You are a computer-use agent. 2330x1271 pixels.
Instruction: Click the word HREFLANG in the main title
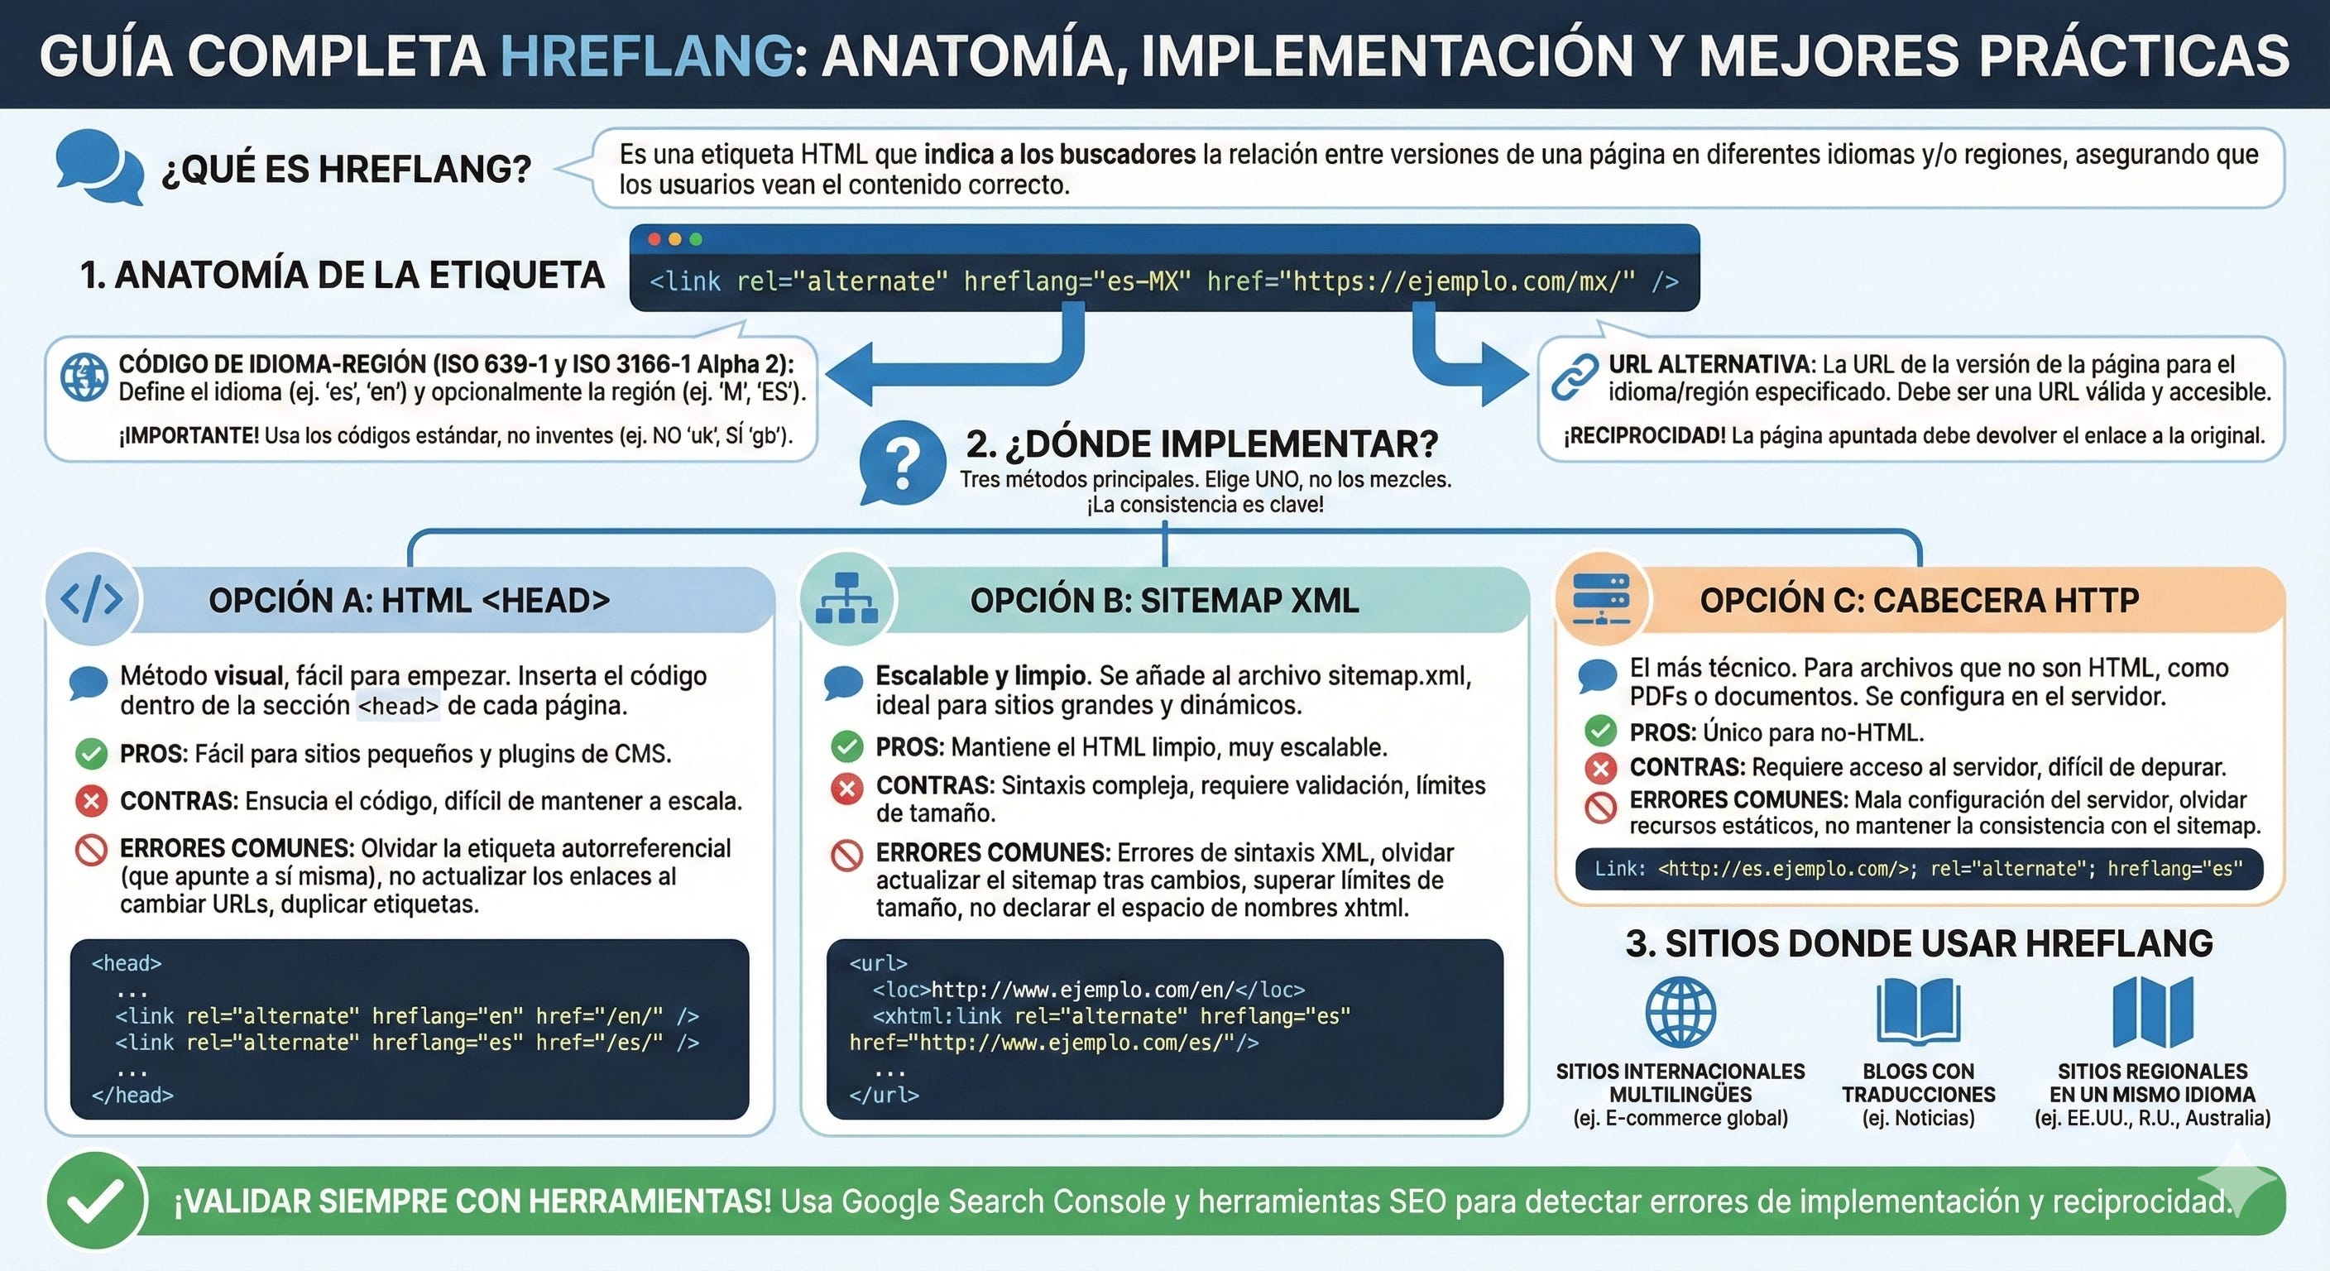click(x=646, y=56)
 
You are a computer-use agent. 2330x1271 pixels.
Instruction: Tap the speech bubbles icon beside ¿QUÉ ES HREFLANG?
click(x=98, y=166)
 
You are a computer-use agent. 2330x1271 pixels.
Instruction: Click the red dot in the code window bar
click(x=654, y=240)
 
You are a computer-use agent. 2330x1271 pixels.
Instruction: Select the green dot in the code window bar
click(x=696, y=240)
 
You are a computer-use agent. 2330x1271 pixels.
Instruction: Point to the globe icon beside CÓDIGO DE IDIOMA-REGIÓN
click(x=84, y=377)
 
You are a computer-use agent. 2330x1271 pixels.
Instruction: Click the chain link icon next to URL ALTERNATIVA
click(x=1575, y=377)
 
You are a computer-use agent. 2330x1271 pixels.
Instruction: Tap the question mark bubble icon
click(x=901, y=463)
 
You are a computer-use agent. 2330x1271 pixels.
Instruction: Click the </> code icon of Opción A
click(x=91, y=599)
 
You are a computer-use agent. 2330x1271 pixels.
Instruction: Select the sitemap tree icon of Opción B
click(x=846, y=599)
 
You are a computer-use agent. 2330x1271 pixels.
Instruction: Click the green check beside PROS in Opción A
click(x=91, y=754)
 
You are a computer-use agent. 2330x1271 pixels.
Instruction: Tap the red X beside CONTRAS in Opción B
click(x=846, y=788)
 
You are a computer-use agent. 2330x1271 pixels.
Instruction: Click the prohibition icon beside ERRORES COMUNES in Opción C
click(x=1600, y=806)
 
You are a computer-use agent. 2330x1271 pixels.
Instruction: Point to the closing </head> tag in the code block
click(x=132, y=1095)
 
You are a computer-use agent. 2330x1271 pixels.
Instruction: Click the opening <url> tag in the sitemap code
click(x=877, y=963)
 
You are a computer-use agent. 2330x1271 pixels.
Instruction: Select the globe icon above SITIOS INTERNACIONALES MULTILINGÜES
click(x=1680, y=1011)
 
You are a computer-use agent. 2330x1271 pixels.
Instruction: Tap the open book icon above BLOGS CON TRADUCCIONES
click(x=1918, y=1011)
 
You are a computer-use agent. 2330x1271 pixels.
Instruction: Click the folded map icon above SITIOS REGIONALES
click(x=2153, y=1011)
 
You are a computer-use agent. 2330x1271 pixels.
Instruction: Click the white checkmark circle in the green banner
click(x=96, y=1201)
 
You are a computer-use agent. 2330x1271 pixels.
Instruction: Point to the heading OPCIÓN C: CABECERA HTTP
click(x=1920, y=600)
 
